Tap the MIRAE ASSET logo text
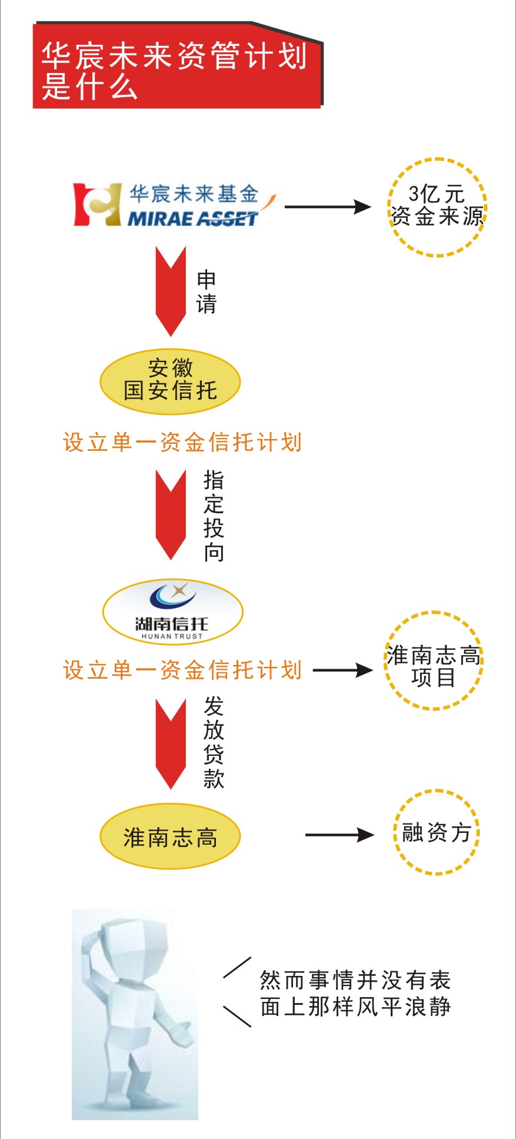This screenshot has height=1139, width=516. [193, 219]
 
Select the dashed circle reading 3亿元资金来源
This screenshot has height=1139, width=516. [437, 207]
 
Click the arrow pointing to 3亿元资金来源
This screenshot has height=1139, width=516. [327, 207]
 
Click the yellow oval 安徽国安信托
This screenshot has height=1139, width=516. [170, 381]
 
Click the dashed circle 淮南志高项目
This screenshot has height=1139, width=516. [433, 660]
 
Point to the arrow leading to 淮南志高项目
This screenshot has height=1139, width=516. [342, 670]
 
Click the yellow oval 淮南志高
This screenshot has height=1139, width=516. [170, 836]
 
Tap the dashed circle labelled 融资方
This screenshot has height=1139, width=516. [436, 832]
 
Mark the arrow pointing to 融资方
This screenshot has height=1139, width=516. [339, 835]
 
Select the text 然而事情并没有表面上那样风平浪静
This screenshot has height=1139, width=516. [355, 993]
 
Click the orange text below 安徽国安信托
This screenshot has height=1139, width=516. [182, 442]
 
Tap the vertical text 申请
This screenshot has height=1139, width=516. [207, 292]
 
